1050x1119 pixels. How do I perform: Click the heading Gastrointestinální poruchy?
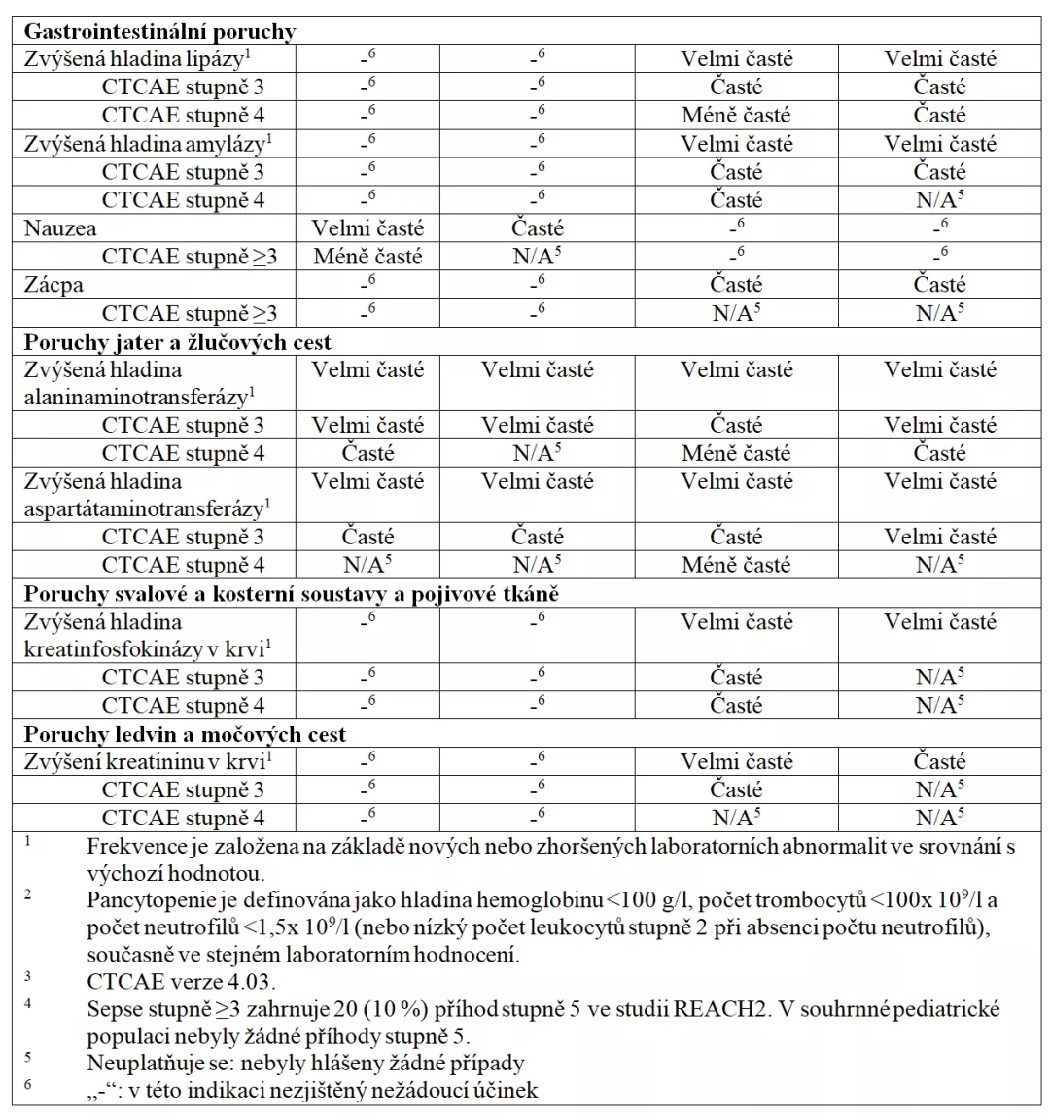[159, 31]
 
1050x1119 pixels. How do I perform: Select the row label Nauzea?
[60, 228]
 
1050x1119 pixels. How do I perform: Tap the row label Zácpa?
[53, 285]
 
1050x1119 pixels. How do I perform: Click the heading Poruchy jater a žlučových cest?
[177, 342]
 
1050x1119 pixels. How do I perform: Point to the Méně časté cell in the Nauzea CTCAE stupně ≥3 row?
[367, 257]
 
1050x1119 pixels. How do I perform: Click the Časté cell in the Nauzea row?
[538, 228]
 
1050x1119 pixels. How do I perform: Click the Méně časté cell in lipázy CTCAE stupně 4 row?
[736, 115]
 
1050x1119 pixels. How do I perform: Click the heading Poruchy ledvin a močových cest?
[185, 734]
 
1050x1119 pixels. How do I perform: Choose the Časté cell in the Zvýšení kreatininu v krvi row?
[939, 762]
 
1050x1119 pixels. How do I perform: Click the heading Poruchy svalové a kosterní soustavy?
[291, 593]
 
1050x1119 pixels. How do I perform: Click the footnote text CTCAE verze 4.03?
[181, 981]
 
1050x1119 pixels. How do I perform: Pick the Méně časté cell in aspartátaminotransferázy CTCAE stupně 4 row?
[736, 565]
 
